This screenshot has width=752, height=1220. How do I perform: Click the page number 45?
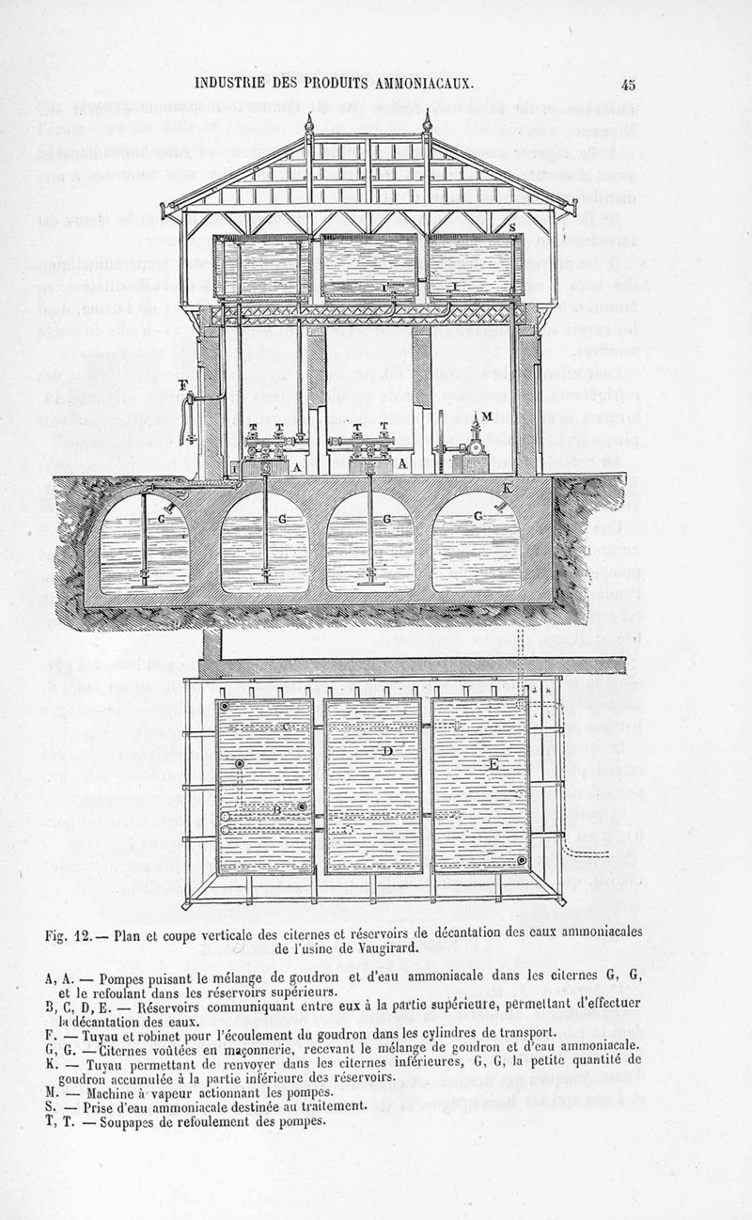tap(628, 84)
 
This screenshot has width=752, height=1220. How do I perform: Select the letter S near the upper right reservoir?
tap(511, 227)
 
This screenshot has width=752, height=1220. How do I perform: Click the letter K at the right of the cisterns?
tap(508, 488)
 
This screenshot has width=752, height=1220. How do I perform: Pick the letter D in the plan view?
tap(386, 751)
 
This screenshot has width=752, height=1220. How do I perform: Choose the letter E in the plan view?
tap(493, 764)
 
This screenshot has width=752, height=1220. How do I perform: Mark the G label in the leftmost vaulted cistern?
tap(162, 518)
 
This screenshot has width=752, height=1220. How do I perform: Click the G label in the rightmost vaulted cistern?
tap(480, 516)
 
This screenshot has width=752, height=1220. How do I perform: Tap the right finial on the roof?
tap(429, 120)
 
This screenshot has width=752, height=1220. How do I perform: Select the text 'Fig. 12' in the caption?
tap(77, 934)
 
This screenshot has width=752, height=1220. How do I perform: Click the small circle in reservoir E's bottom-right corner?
tap(520, 861)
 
